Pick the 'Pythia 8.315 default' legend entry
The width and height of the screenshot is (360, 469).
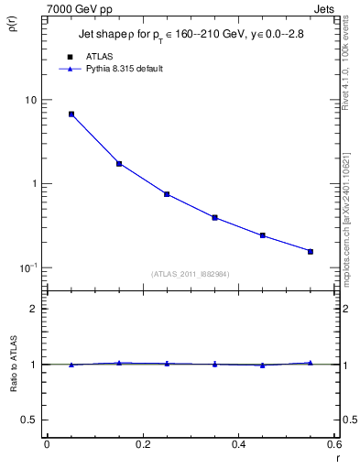pos(123,69)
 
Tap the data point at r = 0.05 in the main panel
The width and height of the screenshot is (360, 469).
pos(71,115)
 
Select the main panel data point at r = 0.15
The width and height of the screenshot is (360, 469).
pos(119,164)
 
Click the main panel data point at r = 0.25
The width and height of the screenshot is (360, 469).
pos(167,194)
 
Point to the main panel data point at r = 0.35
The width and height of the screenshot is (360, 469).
pos(214,218)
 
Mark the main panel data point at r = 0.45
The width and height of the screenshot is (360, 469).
pos(262,235)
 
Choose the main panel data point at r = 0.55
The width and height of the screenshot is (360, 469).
pos(311,251)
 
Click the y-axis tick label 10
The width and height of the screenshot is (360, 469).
pos(31,100)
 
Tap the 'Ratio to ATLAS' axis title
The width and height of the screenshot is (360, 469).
pos(12,365)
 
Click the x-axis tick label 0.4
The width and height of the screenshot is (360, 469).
pos(239,444)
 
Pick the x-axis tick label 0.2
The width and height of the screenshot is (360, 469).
pos(143,444)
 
